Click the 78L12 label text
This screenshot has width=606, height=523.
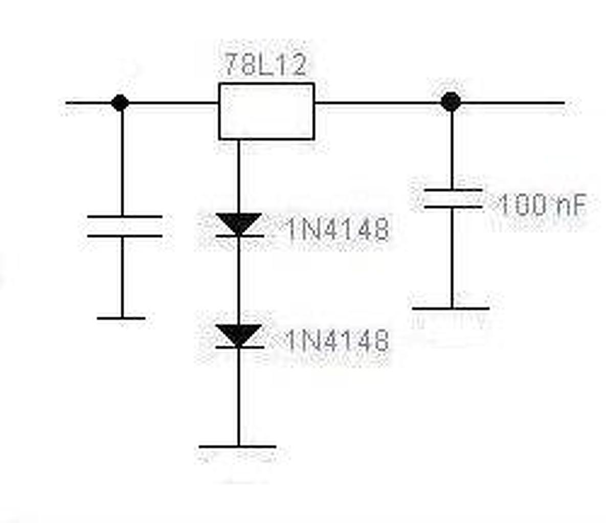tap(266, 65)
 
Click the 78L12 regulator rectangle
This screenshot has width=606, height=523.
tap(266, 111)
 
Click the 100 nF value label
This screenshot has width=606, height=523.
tap(541, 205)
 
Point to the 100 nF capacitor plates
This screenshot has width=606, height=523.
tap(452, 198)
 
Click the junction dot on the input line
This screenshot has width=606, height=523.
tap(120, 103)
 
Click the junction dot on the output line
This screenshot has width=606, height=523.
tap(451, 102)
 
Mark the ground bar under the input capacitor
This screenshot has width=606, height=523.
tap(121, 318)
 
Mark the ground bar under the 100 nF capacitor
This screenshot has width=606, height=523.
tap(451, 308)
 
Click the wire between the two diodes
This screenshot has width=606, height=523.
tap(238, 281)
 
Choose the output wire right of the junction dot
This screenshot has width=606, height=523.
tap(511, 103)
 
